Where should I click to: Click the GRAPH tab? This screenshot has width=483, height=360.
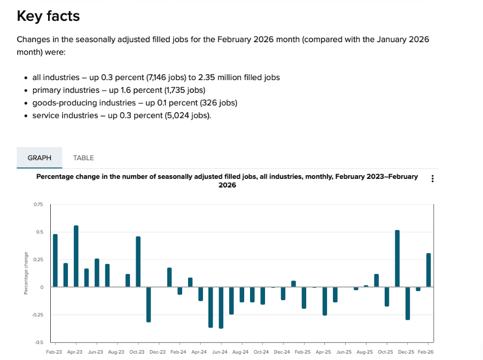point(40,158)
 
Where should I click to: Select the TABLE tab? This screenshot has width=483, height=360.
point(83,158)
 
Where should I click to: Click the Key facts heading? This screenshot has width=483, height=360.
point(48,16)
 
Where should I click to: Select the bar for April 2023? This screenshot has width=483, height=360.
point(76,256)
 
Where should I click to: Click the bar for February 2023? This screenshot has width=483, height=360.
point(55,261)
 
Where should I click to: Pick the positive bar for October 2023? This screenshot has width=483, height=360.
point(138,262)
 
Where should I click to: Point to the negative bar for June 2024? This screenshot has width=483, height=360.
point(221,308)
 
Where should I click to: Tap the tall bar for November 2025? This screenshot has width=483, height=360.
point(397,259)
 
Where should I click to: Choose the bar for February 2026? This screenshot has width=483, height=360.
point(429,270)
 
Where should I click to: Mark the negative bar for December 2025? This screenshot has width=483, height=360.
point(408,303)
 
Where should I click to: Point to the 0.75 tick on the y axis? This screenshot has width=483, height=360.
point(38,205)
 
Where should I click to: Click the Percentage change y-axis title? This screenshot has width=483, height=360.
point(26,273)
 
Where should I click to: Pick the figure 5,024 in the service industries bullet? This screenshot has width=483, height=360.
point(181,115)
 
